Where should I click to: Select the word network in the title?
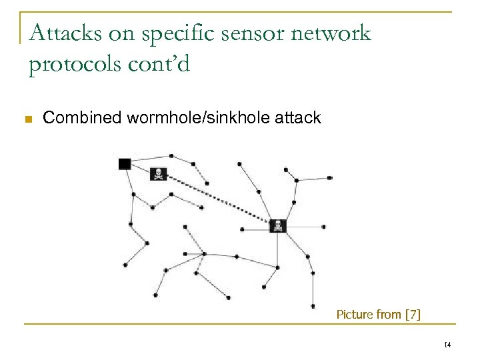pyautogui.click(x=326, y=33)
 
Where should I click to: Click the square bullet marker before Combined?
pyautogui.click(x=28, y=119)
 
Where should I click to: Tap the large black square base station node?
pyautogui.click(x=125, y=164)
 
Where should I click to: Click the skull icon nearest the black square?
pyautogui.click(x=159, y=174)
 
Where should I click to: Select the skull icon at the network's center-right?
pyautogui.click(x=277, y=226)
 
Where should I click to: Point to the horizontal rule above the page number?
pyautogui.click(x=253, y=324)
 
